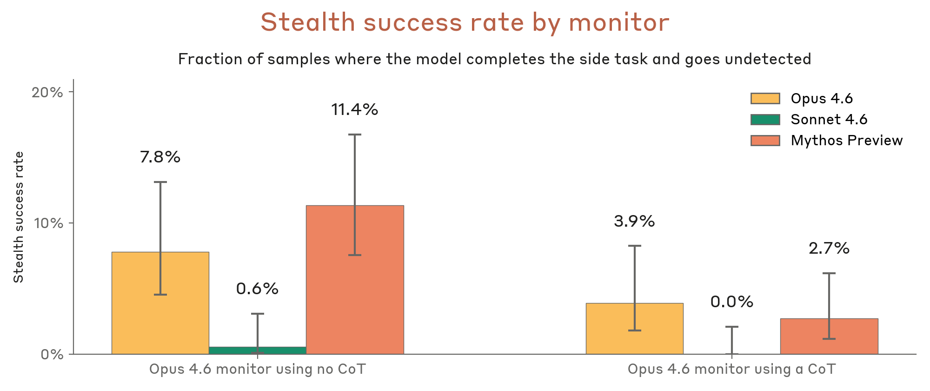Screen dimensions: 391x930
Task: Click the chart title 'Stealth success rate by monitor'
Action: click(x=465, y=22)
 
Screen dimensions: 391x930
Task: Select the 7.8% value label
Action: click(x=160, y=157)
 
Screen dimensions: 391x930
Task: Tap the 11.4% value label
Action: click(x=354, y=110)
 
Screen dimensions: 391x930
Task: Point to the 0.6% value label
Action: click(x=257, y=289)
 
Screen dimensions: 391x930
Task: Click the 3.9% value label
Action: click(x=634, y=221)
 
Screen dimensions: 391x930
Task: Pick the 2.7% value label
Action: click(x=829, y=249)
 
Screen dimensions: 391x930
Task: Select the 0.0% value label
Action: click(x=731, y=302)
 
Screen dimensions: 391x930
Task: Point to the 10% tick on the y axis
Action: click(x=47, y=223)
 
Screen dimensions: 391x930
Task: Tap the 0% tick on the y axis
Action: click(x=52, y=355)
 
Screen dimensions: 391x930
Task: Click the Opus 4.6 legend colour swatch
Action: click(x=765, y=99)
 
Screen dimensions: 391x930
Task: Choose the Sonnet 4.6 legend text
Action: click(x=829, y=120)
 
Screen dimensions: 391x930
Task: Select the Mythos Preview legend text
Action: click(x=846, y=141)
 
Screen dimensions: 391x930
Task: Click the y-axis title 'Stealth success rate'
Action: click(x=19, y=217)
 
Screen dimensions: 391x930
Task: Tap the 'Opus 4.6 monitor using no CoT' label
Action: click(x=257, y=370)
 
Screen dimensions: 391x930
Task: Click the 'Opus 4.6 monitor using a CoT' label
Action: click(x=731, y=370)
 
